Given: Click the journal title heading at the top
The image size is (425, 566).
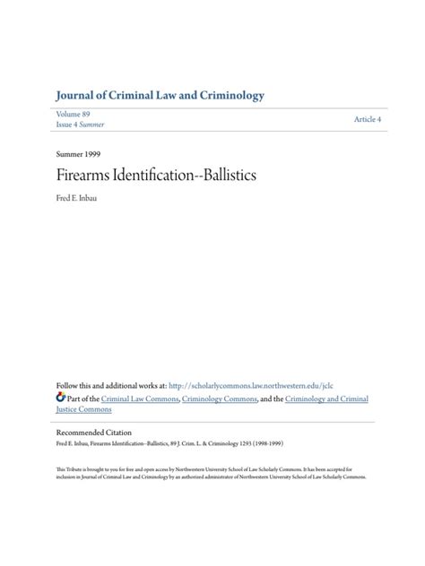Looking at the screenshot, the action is (160, 96).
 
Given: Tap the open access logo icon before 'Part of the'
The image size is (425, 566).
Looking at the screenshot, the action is (60, 398).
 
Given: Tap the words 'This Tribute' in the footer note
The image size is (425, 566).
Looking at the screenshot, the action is (70, 468).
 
